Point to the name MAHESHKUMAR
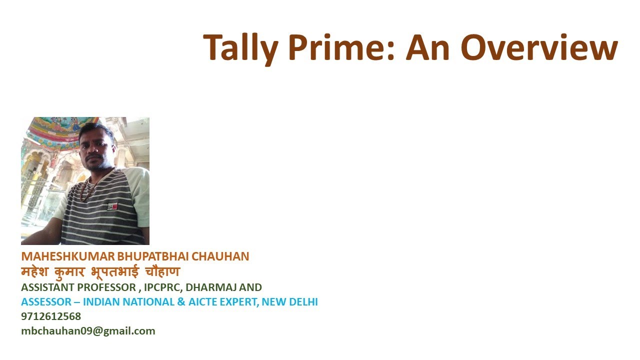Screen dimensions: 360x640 pyautogui.click(x=67, y=256)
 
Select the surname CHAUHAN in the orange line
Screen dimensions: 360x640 pyautogui.click(x=220, y=256)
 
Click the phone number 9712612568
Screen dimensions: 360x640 pyautogui.click(x=51, y=316)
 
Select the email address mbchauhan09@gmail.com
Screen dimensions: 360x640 pyautogui.click(x=88, y=331)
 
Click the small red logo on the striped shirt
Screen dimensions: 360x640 pyautogui.click(x=112, y=206)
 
